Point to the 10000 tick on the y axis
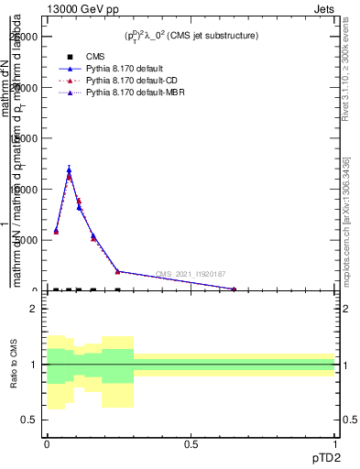pyautogui.click(x=25, y=190)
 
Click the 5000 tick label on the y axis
pyautogui.click(x=27, y=240)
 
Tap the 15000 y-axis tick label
pyautogui.click(x=25, y=138)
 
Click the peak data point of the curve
pyautogui.click(x=69, y=169)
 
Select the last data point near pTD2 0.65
pyautogui.click(x=234, y=289)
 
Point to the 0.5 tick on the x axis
pyautogui.click(x=191, y=442)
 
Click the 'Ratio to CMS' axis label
pyautogui.click(x=15, y=365)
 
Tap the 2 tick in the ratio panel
pyautogui.click(x=34, y=309)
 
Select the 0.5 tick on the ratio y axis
pyautogui.click(x=30, y=420)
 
